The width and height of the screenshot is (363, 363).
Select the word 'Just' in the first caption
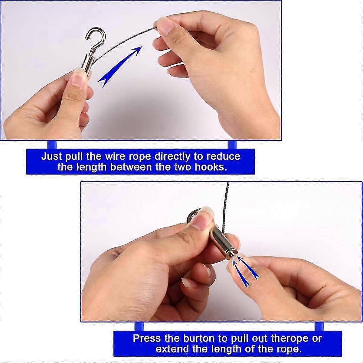click(x=51, y=157)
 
